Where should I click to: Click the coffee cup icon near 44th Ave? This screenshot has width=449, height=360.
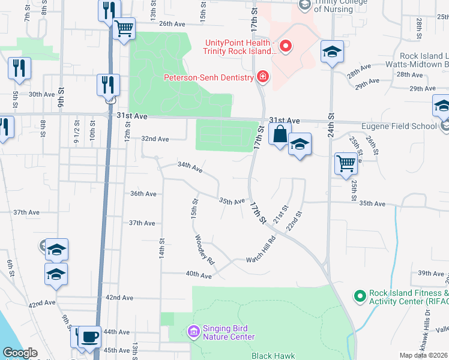click(x=89, y=337)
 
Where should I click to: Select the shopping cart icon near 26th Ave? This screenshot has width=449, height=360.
click(x=124, y=28)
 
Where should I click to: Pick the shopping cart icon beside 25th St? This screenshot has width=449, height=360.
click(x=346, y=163)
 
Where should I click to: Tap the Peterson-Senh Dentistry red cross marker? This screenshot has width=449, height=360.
click(x=262, y=77)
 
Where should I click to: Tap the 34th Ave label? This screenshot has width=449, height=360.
click(x=189, y=168)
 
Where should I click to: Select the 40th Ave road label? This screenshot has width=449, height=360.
click(x=199, y=275)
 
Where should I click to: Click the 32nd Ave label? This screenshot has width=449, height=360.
click(x=154, y=139)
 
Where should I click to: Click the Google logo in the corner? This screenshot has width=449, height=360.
click(x=20, y=353)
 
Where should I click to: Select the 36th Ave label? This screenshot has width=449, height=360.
click(x=143, y=194)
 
